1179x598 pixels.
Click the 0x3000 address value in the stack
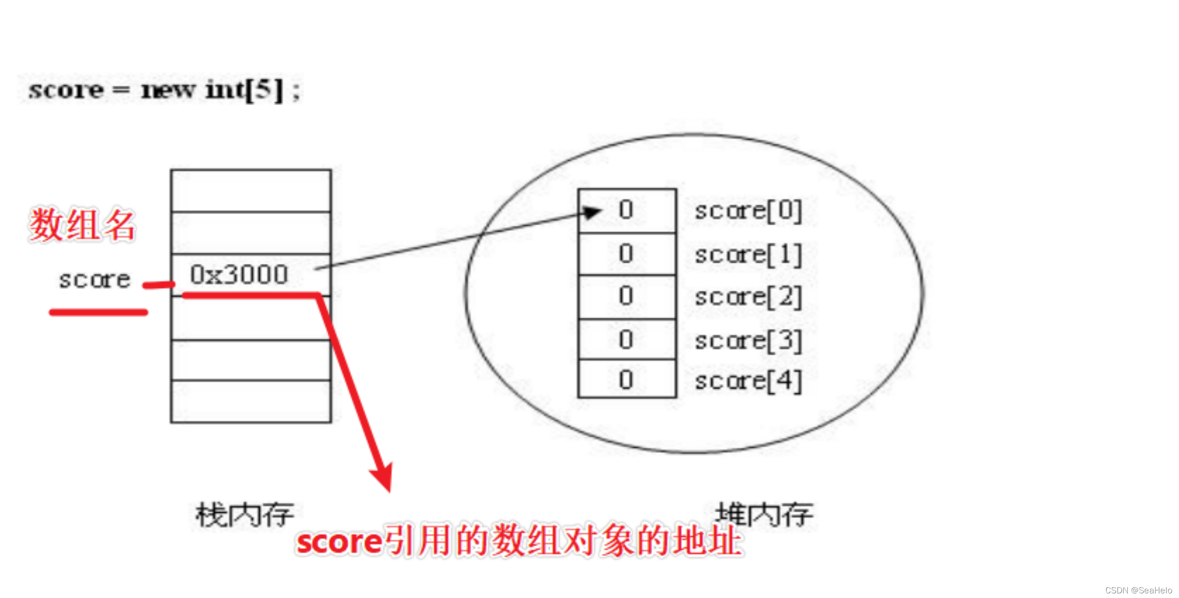239,275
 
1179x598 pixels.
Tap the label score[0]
748,211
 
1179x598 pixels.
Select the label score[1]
748,255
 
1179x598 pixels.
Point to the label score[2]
748,297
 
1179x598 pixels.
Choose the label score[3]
748,341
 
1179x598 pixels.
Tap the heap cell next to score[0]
626,211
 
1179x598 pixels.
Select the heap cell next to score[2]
626,297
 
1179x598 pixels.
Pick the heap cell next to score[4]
626,380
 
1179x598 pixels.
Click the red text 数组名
82,225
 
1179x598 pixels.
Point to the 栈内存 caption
245,514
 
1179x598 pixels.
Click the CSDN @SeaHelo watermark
1138,590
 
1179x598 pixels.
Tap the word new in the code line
168,90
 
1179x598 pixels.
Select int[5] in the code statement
244,90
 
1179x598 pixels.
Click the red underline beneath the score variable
98,312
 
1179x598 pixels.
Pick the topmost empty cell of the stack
251,191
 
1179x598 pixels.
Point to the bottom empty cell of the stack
251,401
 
